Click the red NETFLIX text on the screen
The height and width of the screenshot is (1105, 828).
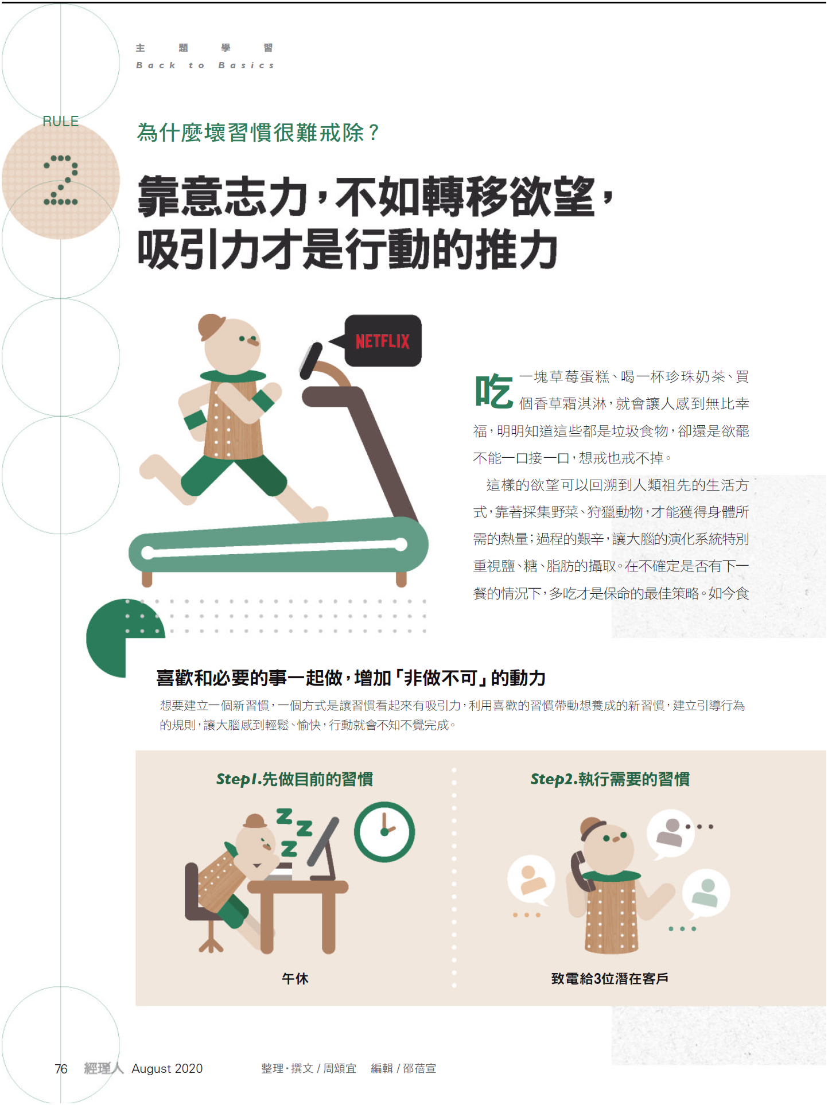[383, 341]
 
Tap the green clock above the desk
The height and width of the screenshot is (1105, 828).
[384, 831]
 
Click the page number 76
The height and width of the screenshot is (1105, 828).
[61, 1068]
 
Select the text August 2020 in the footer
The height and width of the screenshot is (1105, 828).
[167, 1068]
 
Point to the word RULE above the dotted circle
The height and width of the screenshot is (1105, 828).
[60, 121]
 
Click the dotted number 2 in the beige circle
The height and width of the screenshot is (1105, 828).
[61, 180]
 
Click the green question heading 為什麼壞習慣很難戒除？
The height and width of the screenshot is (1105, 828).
[258, 133]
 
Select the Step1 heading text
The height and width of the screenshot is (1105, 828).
[294, 779]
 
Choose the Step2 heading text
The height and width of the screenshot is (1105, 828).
[610, 779]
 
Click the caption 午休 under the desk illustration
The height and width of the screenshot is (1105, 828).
[295, 978]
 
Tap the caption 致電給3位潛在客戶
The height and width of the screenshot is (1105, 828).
[609, 978]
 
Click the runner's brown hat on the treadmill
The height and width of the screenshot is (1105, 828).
[211, 326]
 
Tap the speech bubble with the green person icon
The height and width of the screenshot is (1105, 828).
[706, 893]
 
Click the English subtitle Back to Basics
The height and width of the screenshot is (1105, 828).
[205, 65]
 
